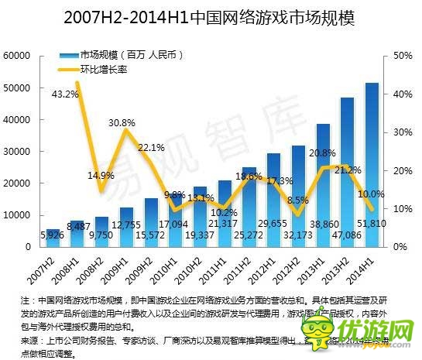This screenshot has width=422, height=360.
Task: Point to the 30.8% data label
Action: (122, 122)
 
